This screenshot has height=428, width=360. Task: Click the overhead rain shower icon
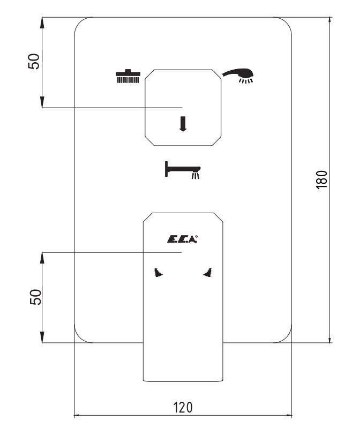(x=128, y=77)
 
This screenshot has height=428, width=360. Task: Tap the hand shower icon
(x=239, y=74)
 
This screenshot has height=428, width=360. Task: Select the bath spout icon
(x=182, y=170)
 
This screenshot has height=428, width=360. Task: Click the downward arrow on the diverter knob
(x=183, y=124)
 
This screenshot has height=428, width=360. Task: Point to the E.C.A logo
(x=182, y=239)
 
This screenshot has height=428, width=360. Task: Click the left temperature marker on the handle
(x=158, y=273)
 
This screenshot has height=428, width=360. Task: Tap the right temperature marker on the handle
(x=208, y=273)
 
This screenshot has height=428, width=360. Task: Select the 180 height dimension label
(x=321, y=179)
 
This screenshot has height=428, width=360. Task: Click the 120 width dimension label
(x=183, y=408)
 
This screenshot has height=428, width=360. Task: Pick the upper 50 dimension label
(x=34, y=62)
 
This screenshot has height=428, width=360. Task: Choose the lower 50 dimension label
(x=35, y=297)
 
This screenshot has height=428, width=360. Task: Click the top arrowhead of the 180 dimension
(x=330, y=21)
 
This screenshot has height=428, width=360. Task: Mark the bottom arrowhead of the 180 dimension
(x=330, y=338)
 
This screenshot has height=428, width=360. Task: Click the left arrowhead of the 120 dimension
(x=78, y=416)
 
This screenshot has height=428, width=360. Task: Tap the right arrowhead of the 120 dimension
(x=288, y=416)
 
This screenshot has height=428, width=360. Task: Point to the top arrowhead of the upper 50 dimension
(x=42, y=22)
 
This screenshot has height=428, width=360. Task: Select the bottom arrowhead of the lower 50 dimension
(x=42, y=337)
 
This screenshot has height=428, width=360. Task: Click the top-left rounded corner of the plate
(x=80, y=22)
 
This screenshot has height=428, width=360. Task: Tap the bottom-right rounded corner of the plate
(x=287, y=337)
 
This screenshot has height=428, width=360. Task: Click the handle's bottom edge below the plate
(x=183, y=381)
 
